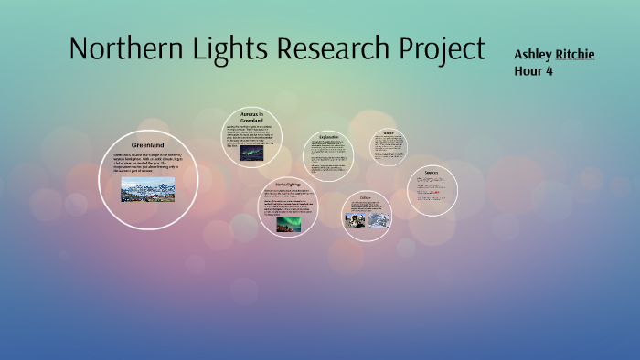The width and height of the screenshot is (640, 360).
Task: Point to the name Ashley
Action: (x=533, y=55)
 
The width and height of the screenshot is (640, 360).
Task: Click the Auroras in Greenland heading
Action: (x=251, y=117)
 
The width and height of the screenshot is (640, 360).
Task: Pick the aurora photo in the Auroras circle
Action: (x=251, y=154)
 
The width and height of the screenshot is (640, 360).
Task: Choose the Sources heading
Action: (x=432, y=173)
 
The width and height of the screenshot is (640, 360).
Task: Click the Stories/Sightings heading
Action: (x=288, y=183)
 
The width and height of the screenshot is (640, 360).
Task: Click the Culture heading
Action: (x=366, y=198)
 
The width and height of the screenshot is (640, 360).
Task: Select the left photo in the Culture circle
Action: (x=354, y=219)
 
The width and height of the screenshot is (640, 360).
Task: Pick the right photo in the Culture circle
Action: (x=378, y=219)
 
